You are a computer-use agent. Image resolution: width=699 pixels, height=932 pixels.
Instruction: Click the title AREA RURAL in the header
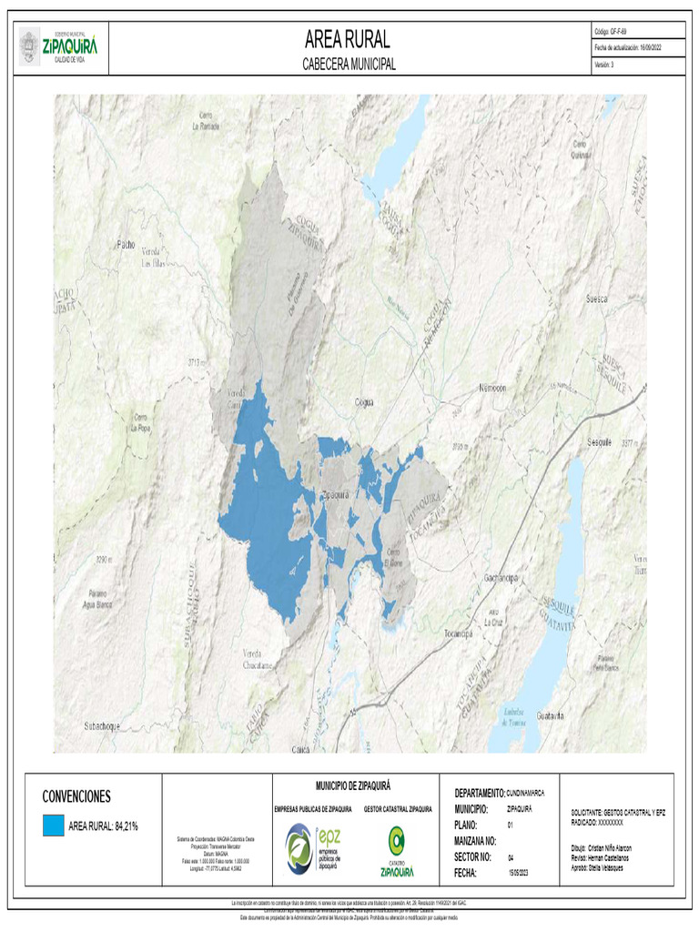[348, 39]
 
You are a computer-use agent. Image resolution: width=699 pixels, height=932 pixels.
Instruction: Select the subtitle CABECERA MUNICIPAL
[349, 65]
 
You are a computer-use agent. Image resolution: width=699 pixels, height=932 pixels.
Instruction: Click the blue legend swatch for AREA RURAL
[54, 825]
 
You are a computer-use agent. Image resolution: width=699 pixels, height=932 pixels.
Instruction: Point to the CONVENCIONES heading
[76, 796]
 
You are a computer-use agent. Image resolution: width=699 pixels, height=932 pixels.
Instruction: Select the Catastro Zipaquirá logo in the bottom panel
[397, 848]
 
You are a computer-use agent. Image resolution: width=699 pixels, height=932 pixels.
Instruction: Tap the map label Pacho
[126, 244]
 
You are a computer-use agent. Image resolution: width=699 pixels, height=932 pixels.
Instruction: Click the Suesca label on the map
[597, 298]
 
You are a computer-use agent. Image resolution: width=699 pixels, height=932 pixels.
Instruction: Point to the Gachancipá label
[501, 578]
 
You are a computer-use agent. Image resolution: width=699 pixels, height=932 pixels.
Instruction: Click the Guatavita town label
[552, 716]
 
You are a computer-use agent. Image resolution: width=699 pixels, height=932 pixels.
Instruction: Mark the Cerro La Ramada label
[207, 121]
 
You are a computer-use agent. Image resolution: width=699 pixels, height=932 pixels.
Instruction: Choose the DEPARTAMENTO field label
[479, 793]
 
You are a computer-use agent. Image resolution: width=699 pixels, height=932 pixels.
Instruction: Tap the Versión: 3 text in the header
[604, 65]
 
